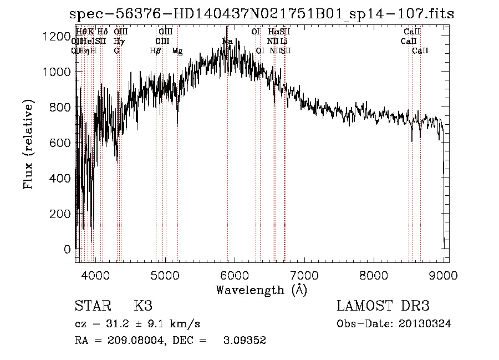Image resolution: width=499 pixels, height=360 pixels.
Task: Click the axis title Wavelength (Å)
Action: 261,290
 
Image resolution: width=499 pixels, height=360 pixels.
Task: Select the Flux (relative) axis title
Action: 29,144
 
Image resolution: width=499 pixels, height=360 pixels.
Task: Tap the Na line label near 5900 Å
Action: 227,42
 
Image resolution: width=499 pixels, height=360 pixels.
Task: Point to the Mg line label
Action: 177,51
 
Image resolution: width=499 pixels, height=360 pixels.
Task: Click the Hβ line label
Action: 155,51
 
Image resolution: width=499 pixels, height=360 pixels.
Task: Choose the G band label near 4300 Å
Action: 117,51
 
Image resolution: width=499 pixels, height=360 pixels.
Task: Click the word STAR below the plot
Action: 92,306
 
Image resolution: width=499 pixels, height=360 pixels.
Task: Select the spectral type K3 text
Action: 143,306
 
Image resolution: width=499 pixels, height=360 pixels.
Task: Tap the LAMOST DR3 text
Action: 383,306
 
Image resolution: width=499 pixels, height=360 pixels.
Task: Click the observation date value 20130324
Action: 425,324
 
